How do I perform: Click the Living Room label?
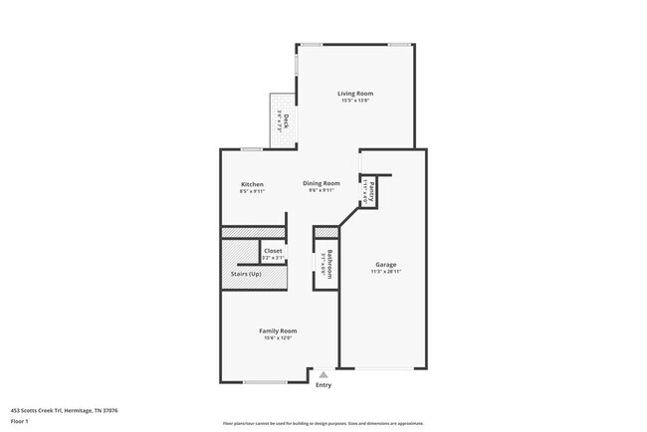pyautogui.click(x=355, y=94)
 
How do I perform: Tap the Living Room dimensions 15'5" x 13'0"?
pyautogui.click(x=355, y=101)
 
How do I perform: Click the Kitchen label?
pyautogui.click(x=252, y=184)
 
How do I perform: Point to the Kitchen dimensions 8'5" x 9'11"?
pyautogui.click(x=252, y=191)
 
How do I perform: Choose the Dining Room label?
pyautogui.click(x=322, y=183)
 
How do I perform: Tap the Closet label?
pyautogui.click(x=273, y=251)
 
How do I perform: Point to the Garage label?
pyautogui.click(x=386, y=265)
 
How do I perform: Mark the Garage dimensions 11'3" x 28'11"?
pyautogui.click(x=386, y=272)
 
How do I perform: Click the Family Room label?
pyautogui.click(x=278, y=330)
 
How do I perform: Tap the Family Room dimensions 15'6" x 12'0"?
pyautogui.click(x=278, y=338)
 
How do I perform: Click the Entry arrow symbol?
pyautogui.click(x=323, y=374)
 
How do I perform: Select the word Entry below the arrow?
pyautogui.click(x=323, y=385)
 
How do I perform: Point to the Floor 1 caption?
pyautogui.click(x=20, y=421)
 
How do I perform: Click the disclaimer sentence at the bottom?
pyautogui.click(x=323, y=424)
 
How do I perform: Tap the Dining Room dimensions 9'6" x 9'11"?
pyautogui.click(x=322, y=190)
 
